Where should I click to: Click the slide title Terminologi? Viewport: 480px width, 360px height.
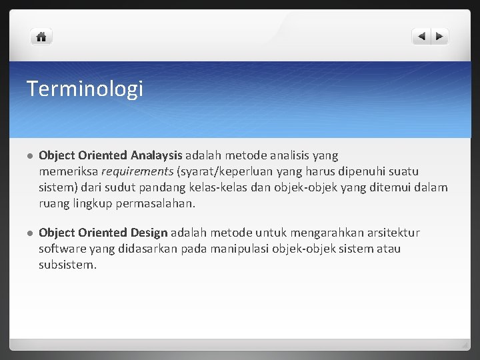[85, 89]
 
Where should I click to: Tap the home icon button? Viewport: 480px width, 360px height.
[41, 37]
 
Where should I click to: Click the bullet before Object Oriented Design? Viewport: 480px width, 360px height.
[29, 233]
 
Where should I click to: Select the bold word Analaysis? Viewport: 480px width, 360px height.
[156, 156]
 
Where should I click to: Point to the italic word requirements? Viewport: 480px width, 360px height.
[137, 172]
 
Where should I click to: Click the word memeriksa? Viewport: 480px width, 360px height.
[69, 172]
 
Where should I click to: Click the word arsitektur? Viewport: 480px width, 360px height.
[392, 233]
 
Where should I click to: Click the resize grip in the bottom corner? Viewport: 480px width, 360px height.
[465, 346]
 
